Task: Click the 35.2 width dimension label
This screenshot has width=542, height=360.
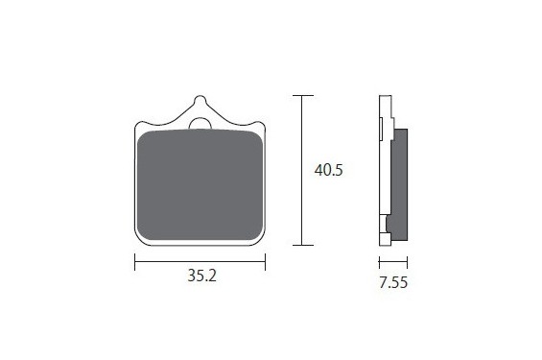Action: coord(201,276)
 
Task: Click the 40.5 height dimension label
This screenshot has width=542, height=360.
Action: coord(328,170)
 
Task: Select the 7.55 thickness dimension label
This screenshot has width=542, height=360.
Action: coord(393,282)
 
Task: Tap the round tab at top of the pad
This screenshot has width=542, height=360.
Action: coord(200,101)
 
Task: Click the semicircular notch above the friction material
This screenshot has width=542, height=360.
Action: coord(200,124)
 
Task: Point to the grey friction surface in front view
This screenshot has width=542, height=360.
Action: coord(200,185)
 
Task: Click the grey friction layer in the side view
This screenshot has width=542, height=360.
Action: coord(399,184)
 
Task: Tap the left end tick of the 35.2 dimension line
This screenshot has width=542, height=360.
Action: coord(135,262)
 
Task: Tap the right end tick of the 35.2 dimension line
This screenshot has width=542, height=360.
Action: coord(265,262)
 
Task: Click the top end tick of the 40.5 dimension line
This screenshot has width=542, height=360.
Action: coord(303,95)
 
